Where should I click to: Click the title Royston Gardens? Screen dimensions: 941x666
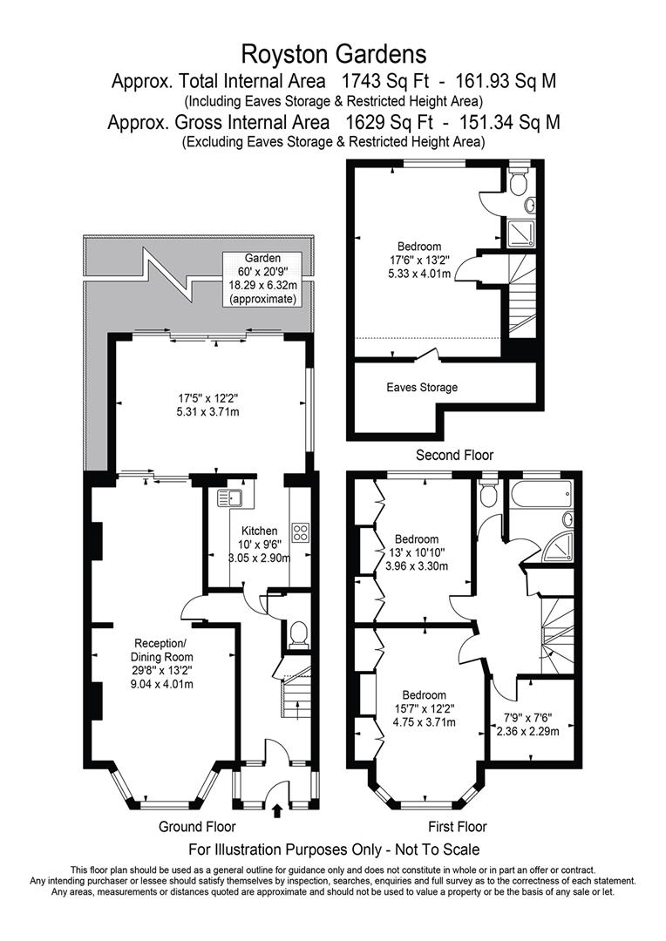point(335,55)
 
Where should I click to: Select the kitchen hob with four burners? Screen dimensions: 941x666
point(302,532)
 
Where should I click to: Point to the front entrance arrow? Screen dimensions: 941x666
point(277,811)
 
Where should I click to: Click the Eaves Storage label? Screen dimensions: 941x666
point(422,387)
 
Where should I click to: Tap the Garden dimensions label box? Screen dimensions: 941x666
point(262,278)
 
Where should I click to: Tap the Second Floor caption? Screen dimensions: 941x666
point(454,455)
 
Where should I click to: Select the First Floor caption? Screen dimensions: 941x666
point(457,827)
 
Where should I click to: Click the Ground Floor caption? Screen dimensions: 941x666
point(197,827)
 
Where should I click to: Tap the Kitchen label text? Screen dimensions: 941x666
point(260,531)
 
